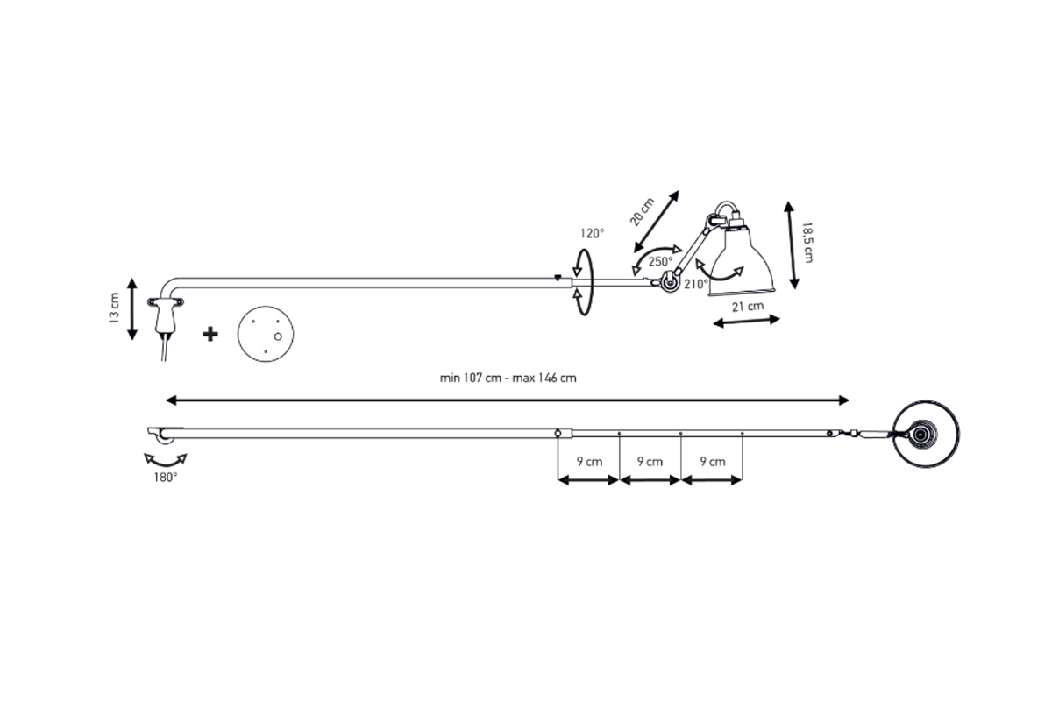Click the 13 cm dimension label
[114, 308]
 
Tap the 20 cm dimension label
[642, 212]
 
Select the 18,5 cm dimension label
[807, 243]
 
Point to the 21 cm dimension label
[748, 307]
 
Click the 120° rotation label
[593, 233]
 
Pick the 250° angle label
[660, 261]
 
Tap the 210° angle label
[696, 284]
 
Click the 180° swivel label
[166, 478]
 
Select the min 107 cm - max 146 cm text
[508, 378]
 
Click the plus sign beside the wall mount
[210, 335]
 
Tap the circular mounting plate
[266, 335]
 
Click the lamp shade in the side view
[742, 260]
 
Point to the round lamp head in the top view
[926, 435]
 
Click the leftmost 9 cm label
[589, 462]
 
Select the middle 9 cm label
[650, 462]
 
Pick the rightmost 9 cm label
[713, 462]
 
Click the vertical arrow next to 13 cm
[132, 309]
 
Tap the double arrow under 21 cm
[746, 322]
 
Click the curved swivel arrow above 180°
[166, 460]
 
